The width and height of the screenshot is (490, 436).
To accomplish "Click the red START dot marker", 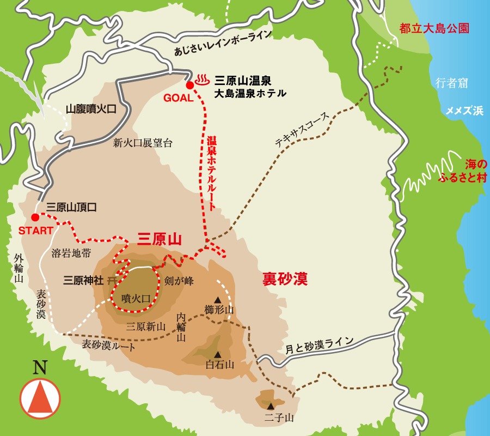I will point(35,217).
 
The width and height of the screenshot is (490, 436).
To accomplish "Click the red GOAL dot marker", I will point(189,85).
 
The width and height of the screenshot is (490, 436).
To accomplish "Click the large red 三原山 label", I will point(159,239).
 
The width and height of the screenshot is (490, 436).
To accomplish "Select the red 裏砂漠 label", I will point(285,279).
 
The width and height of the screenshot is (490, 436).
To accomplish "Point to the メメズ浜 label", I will point(464,111).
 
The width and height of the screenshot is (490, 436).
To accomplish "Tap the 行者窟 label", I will point(451,83).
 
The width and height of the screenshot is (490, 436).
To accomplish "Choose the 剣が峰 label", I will point(179,281).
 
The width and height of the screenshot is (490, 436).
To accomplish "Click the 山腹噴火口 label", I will point(91,109).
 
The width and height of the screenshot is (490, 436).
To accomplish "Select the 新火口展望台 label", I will point(143,143).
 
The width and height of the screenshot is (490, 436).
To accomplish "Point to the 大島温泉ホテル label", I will point(250,93).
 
